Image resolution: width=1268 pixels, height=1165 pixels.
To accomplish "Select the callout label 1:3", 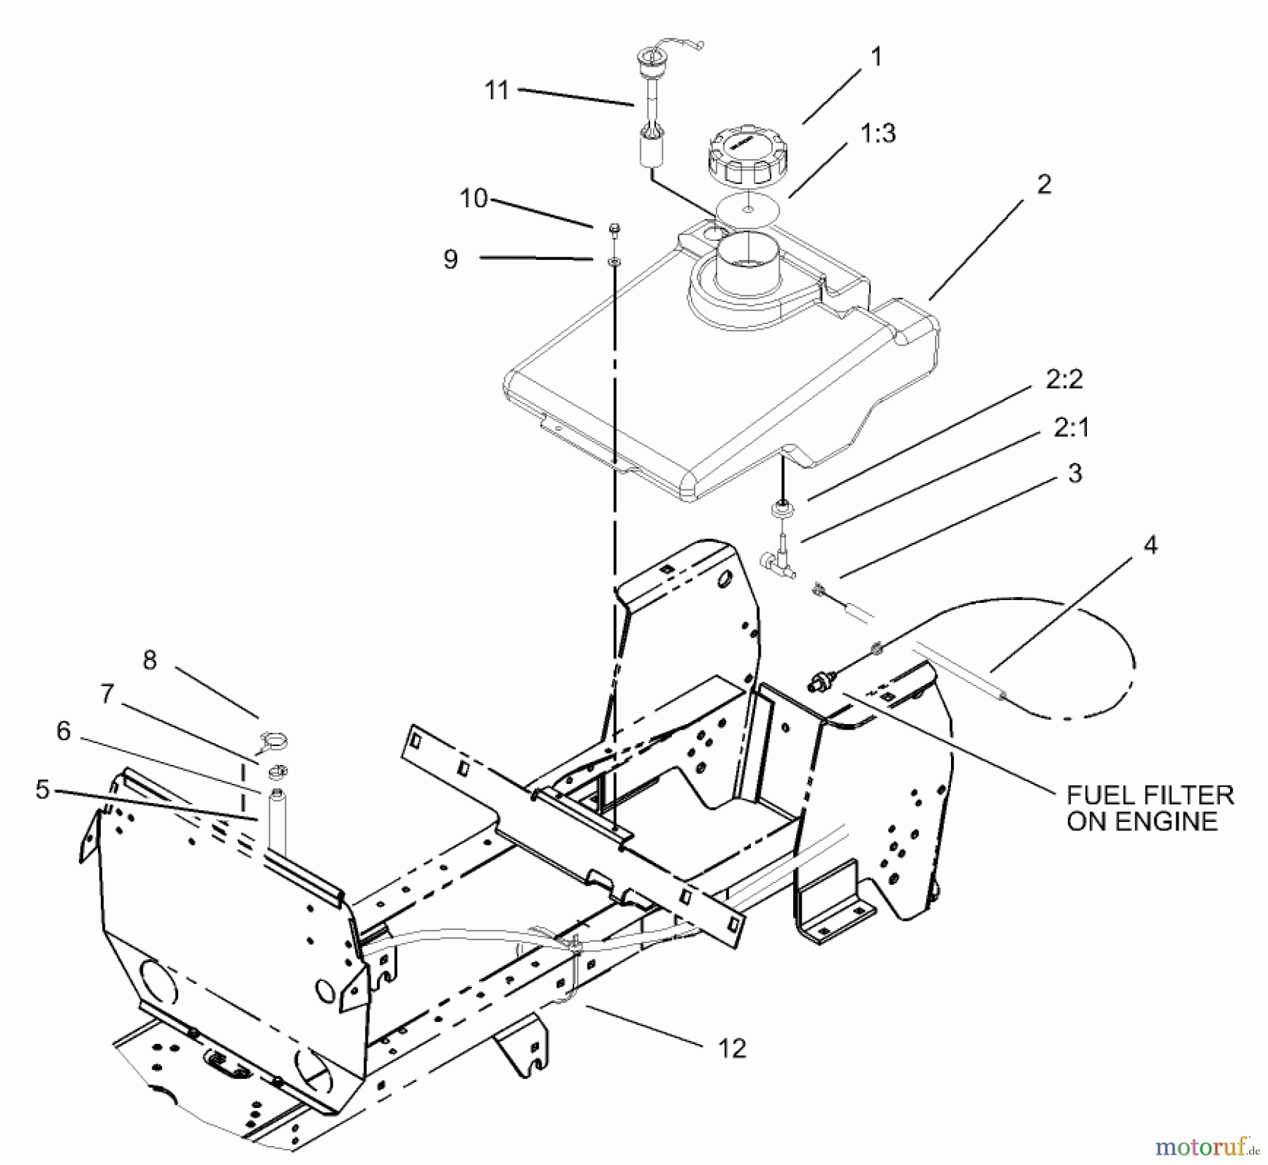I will pos(878,133).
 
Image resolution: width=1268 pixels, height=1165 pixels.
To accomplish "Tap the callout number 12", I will pos(732,1049).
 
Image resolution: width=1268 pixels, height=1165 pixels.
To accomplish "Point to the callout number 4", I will pos(1150,544).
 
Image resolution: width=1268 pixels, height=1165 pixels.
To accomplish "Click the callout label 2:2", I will pos(1064,380).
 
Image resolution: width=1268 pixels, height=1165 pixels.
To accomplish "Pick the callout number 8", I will pos(149,660).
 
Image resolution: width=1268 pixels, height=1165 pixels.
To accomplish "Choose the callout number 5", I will pos(43,790).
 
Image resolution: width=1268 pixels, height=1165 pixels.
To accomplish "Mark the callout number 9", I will pos(451,259).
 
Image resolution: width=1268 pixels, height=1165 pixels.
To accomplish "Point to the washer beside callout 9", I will pos(614,261).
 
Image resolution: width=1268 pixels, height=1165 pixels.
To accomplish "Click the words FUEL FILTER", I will pos(1150,795).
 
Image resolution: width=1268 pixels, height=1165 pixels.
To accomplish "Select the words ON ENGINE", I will pos(1142,822).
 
